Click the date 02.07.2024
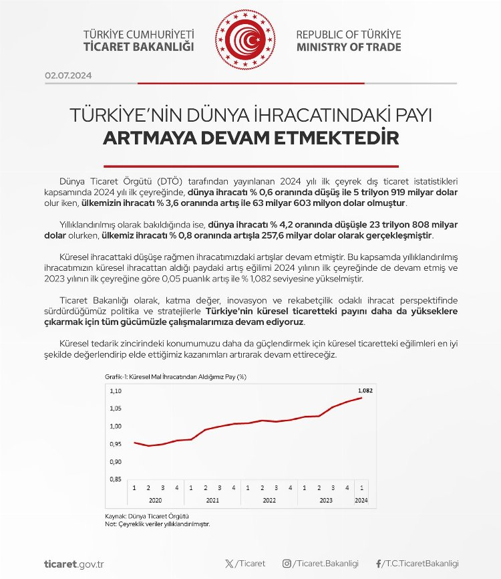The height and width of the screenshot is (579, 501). tap(69, 76)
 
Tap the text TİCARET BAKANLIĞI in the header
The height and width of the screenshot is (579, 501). tap(139, 47)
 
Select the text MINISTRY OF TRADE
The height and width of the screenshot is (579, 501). tap(349, 47)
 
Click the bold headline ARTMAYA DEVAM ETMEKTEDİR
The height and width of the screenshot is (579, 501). tap(251, 139)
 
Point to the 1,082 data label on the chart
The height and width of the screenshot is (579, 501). tap(365, 388)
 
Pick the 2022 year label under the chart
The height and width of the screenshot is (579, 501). tap(269, 500)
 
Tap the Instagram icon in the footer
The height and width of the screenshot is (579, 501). tap(286, 564)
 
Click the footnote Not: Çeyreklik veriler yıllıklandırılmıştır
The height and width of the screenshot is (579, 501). tap(158, 525)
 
